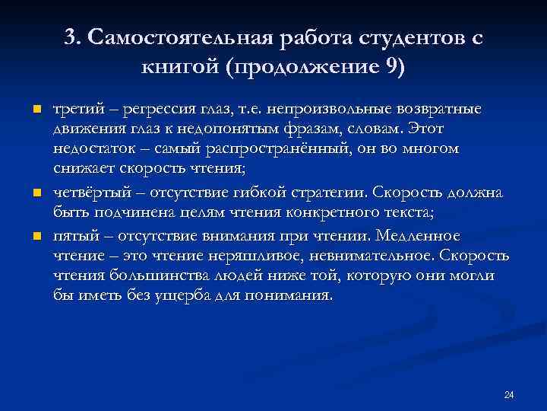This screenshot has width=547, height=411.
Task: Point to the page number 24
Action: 509,394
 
